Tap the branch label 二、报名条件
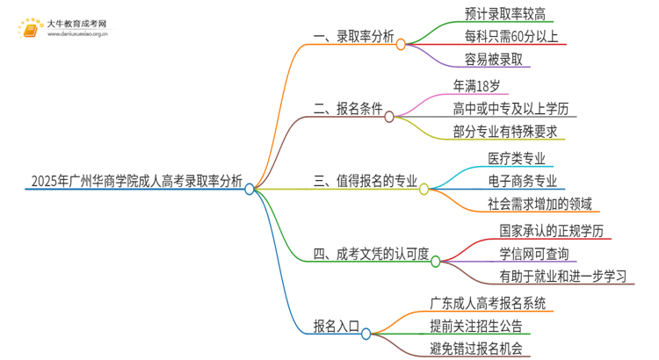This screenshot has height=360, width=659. [x=344, y=110]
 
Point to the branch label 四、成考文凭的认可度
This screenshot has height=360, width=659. [x=370, y=255]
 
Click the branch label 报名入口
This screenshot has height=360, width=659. [x=337, y=327]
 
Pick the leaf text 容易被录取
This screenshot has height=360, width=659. [x=496, y=61]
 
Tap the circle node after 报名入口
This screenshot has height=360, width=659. [x=366, y=333]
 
